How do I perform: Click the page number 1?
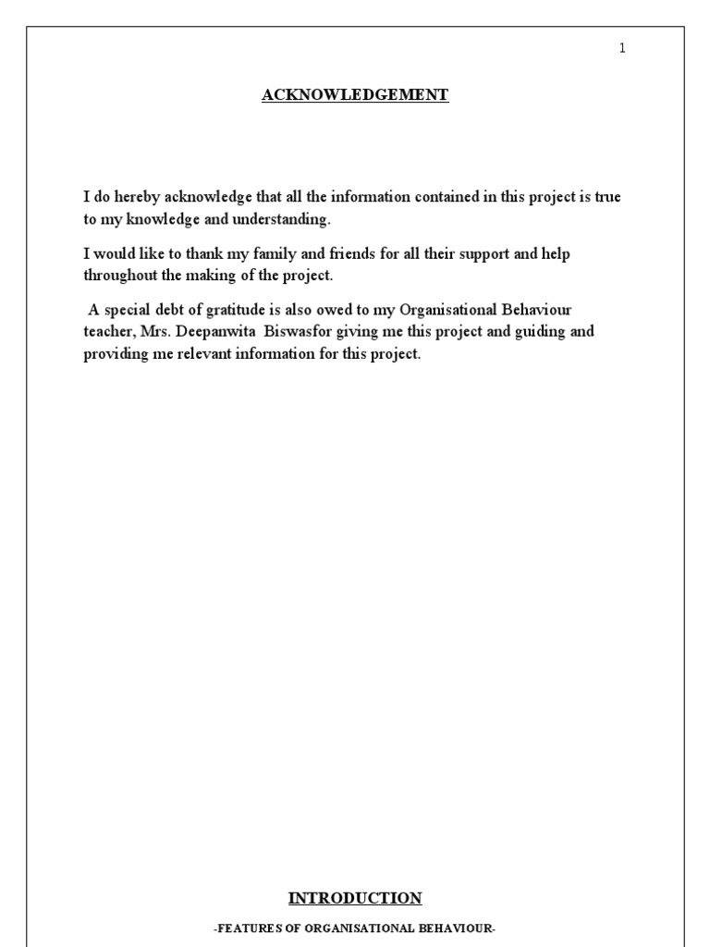pos(622,49)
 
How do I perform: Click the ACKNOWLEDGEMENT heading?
pos(355,95)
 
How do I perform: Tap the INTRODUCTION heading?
pos(355,898)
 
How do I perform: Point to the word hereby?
pos(136,197)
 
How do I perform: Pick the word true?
pos(607,197)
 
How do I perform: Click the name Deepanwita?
pos(214,332)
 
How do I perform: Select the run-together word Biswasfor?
pos(295,332)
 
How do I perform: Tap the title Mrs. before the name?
pos(155,332)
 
